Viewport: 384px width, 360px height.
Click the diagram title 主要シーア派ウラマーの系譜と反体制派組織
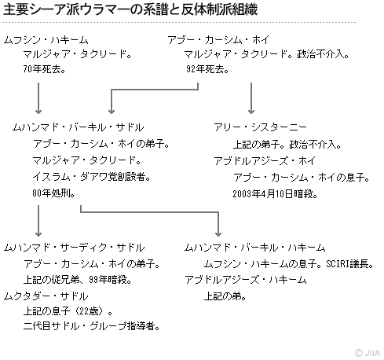click(130, 9)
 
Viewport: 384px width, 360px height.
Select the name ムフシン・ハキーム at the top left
click(46, 40)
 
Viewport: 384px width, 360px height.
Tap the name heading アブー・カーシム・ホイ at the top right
click(218, 40)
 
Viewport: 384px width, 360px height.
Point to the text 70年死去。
click(44, 69)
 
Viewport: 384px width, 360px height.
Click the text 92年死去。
click(207, 69)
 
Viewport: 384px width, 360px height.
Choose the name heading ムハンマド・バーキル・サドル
click(78, 127)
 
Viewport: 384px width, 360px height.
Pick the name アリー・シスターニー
click(260, 127)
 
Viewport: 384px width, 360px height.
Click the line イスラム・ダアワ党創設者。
click(91, 177)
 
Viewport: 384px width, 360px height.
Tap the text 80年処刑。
click(53, 193)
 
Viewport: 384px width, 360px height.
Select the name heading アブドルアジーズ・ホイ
click(265, 161)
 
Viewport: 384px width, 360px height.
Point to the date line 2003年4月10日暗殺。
click(275, 194)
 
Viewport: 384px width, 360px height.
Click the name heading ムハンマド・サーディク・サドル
click(74, 248)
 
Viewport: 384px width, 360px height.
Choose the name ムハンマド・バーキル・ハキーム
click(254, 248)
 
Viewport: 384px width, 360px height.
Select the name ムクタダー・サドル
click(46, 296)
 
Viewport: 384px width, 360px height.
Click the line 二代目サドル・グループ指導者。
click(92, 326)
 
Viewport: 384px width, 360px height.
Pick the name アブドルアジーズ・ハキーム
click(246, 280)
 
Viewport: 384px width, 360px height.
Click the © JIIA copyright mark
click(367, 353)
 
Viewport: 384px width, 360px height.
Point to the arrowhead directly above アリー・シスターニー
click(251, 112)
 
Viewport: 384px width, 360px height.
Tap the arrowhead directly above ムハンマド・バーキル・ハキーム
click(218, 234)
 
